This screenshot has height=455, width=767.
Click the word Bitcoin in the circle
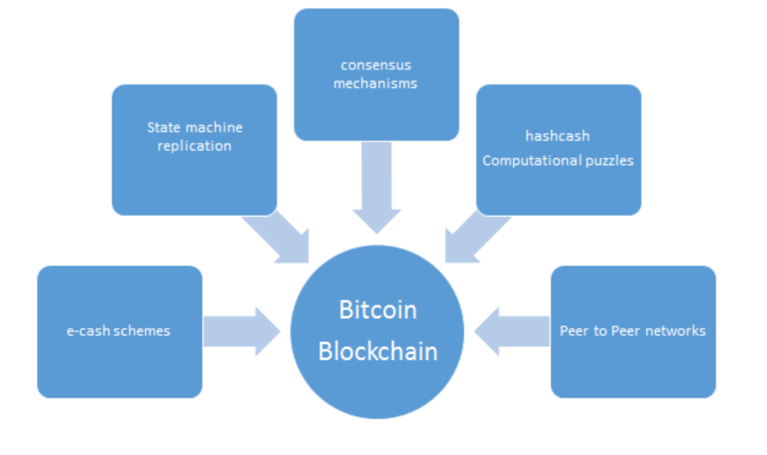tap(378, 310)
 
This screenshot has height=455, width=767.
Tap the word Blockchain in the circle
tap(378, 351)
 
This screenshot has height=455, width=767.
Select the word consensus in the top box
tap(376, 66)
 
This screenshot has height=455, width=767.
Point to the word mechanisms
tap(375, 83)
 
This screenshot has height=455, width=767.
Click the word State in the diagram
tap(163, 128)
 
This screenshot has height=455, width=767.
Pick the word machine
tap(214, 128)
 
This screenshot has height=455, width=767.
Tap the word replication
tap(194, 146)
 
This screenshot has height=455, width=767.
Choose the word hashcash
tap(557, 136)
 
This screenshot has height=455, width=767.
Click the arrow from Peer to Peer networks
tap(512, 332)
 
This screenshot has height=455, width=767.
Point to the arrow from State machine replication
tap(282, 236)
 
